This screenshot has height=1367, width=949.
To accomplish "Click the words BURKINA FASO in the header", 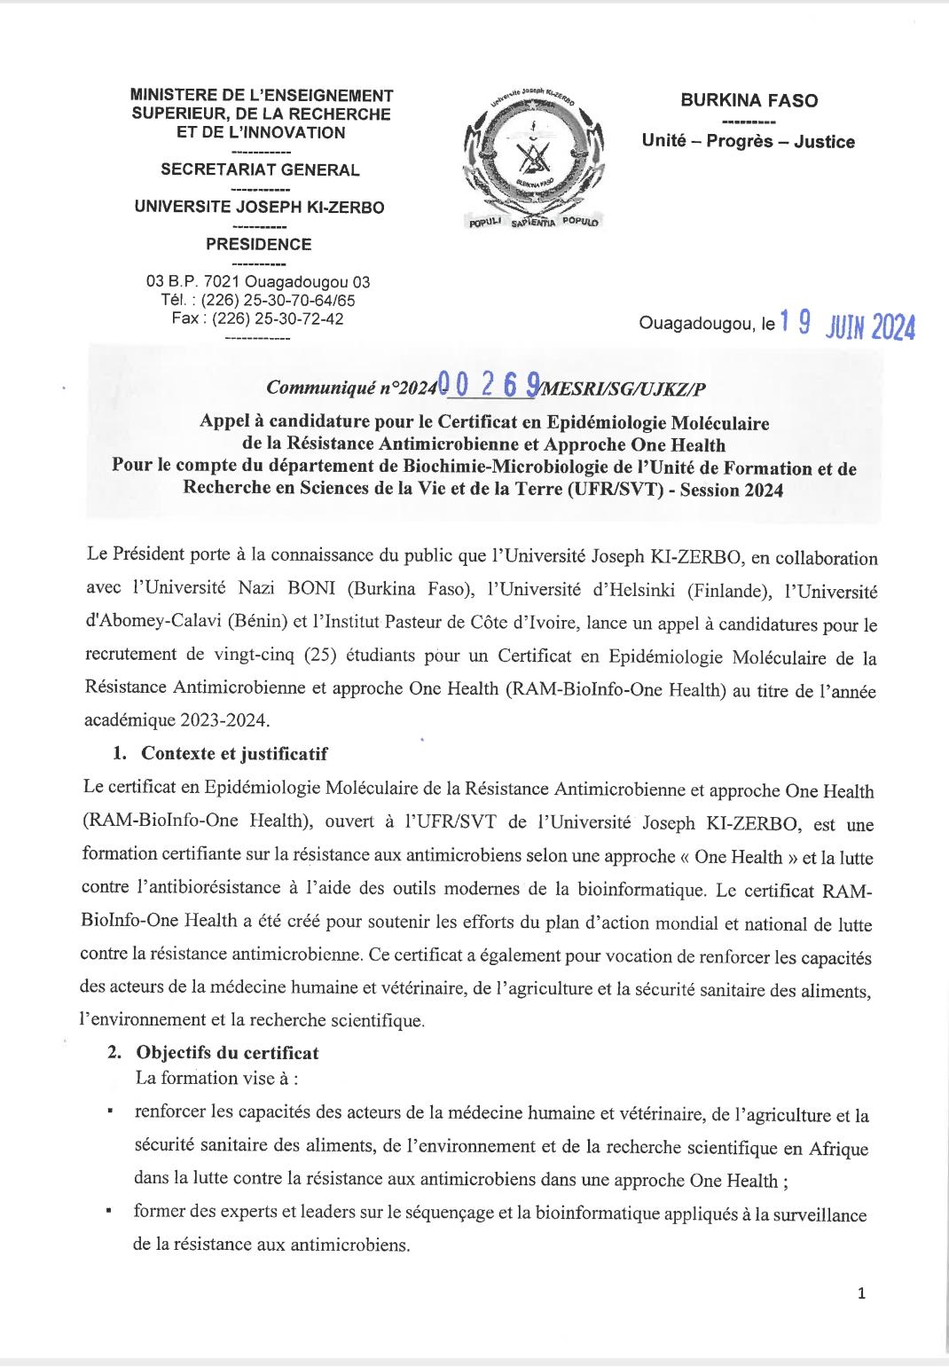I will point(749,101).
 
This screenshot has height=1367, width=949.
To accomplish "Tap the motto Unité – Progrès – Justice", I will point(749,142).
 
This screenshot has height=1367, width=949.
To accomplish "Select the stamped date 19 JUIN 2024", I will point(847,326).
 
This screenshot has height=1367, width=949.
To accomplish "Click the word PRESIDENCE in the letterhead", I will point(258,245).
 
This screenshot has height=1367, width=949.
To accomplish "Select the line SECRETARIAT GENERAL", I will point(258,170).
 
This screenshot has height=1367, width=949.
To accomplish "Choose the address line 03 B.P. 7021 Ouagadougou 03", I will point(258,282).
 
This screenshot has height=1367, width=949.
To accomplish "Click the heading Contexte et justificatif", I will point(234,754).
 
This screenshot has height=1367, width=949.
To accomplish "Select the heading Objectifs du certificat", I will point(227,1053).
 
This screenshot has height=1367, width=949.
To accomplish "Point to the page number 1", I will point(861,1293).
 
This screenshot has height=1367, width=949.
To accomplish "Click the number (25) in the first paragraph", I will point(324,657).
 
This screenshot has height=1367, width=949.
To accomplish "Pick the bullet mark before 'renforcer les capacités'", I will point(109,1111).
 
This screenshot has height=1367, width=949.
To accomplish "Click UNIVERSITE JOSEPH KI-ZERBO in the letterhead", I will point(258,208).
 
